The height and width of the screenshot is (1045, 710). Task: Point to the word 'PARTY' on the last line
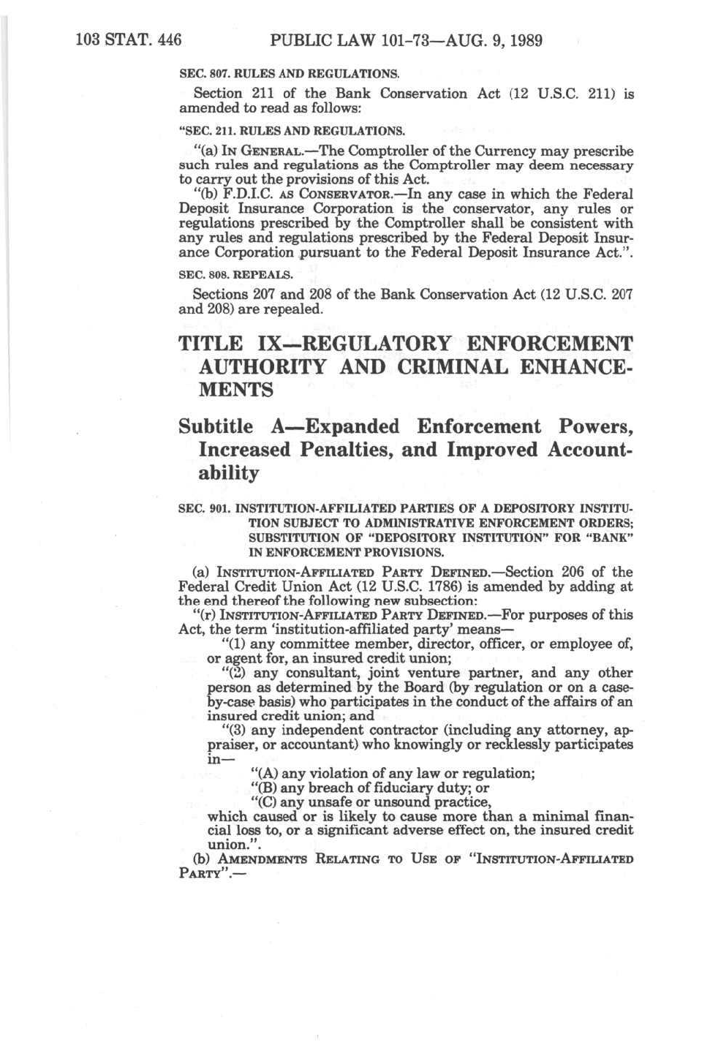[199, 874]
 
